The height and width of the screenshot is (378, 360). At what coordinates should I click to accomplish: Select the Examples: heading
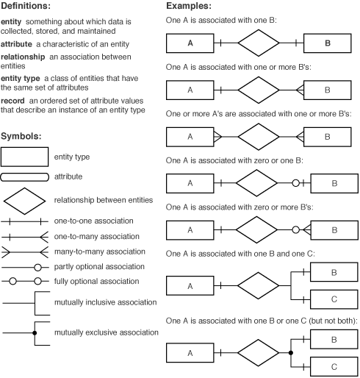[190, 7]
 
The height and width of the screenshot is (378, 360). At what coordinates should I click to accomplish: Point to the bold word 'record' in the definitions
[15, 100]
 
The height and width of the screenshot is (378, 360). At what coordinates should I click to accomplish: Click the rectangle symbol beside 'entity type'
[24, 156]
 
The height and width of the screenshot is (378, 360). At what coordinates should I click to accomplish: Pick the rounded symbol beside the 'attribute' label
[24, 177]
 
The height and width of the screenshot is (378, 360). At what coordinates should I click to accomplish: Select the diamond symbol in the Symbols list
[24, 199]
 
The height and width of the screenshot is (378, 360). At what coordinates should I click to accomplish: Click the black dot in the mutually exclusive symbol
[35, 332]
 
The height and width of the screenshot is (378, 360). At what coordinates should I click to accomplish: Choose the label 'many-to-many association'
[96, 251]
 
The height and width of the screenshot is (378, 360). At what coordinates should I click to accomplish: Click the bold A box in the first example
[190, 43]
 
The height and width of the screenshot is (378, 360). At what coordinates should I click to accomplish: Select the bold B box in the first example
[328, 43]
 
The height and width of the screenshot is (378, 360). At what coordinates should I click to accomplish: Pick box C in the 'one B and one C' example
[334, 299]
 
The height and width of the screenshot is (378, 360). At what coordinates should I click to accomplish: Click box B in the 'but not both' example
[334, 340]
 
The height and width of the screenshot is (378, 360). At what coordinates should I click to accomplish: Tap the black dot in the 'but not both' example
[291, 353]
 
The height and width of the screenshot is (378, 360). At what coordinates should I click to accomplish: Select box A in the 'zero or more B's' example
[190, 229]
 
